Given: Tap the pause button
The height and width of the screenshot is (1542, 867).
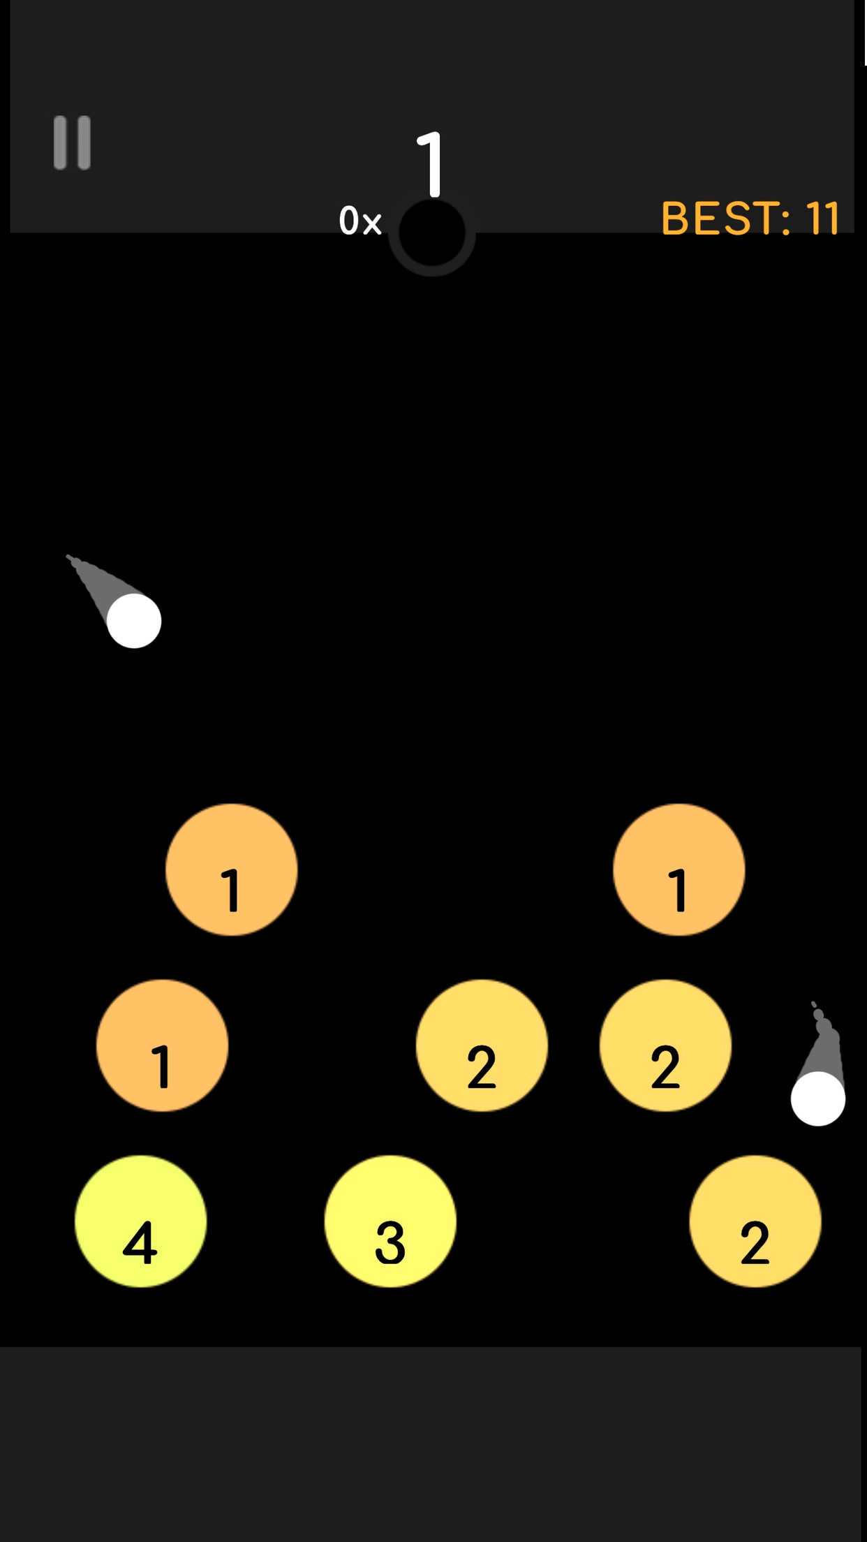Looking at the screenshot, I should [x=72, y=143].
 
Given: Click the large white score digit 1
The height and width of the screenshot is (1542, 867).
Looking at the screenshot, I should [x=432, y=164].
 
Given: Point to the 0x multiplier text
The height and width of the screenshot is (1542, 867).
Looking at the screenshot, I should [x=360, y=221].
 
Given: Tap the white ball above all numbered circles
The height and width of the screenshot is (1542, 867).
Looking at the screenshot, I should [x=134, y=621].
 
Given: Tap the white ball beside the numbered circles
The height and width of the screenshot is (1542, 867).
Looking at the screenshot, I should [x=817, y=1099].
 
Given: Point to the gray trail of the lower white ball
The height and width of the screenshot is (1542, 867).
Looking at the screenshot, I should [x=824, y=1041].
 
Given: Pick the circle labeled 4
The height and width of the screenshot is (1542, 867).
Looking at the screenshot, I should [x=140, y=1221].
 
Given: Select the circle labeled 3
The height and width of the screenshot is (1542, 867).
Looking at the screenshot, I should [x=390, y=1221].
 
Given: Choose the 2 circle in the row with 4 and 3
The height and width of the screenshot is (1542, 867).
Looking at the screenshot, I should [x=755, y=1221].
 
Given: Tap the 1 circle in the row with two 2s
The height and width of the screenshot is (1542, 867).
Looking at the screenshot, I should [x=162, y=1045].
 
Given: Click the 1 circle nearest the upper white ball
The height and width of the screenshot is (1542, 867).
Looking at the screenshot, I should [x=231, y=869].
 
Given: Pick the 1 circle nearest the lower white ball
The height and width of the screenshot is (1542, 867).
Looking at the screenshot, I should [x=679, y=869].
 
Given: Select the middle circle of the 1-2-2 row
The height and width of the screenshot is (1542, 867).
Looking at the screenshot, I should [x=482, y=1045].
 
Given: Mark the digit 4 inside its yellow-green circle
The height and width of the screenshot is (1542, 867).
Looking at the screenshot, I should [x=140, y=1243].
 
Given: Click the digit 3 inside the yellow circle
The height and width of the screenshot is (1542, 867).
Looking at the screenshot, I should [x=390, y=1243].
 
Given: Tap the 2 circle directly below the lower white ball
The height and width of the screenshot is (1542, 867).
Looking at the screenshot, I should [x=755, y=1221].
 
